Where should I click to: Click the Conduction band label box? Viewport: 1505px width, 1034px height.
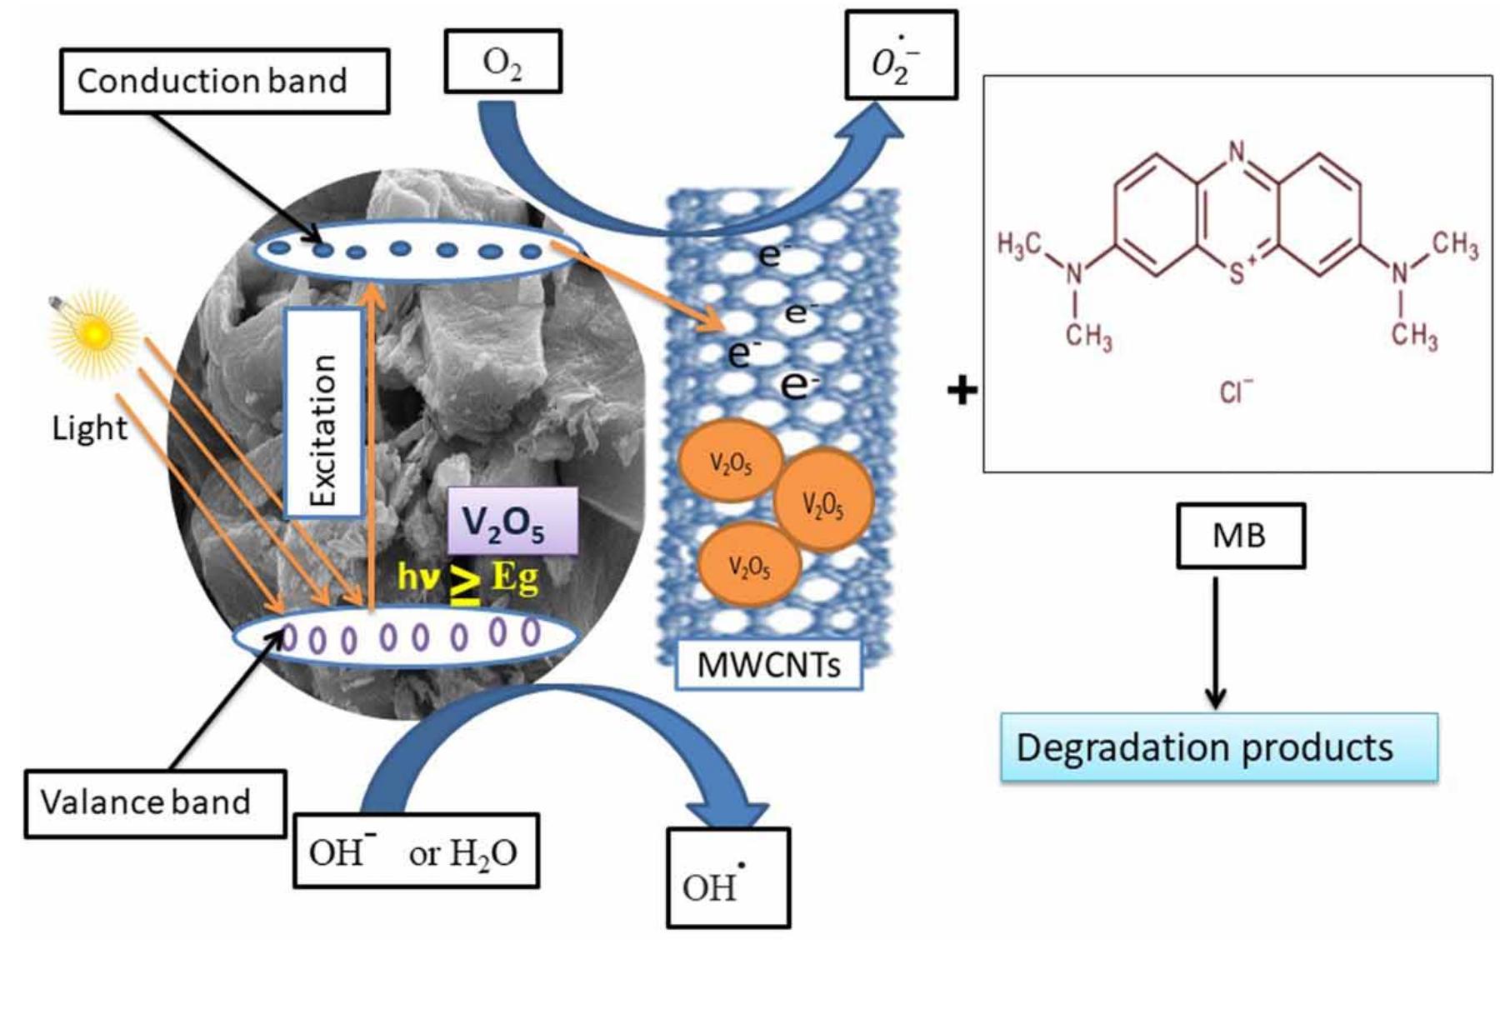(x=224, y=81)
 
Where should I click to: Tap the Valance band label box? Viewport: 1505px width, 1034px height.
(x=156, y=803)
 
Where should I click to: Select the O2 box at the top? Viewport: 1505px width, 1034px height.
(x=502, y=61)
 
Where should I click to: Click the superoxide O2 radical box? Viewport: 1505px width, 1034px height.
(x=901, y=55)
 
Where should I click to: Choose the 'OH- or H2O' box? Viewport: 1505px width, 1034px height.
(x=416, y=850)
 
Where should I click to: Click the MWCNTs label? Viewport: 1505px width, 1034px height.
(x=768, y=665)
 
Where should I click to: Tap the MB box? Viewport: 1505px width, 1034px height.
(x=1240, y=536)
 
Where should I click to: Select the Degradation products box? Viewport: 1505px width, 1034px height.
(x=1219, y=747)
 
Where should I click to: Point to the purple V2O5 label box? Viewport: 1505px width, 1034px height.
(x=512, y=522)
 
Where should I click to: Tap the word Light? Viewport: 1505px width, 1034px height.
(x=90, y=428)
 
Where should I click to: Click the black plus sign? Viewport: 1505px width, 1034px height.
(x=962, y=389)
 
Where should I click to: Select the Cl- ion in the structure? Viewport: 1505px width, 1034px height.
(x=1236, y=391)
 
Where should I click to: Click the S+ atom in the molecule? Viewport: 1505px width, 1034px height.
(x=1241, y=271)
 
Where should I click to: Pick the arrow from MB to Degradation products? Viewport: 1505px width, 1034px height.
(x=1216, y=642)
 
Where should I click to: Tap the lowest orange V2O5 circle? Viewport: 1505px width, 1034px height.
(x=748, y=564)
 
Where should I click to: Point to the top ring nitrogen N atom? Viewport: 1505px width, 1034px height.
(x=1237, y=152)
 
